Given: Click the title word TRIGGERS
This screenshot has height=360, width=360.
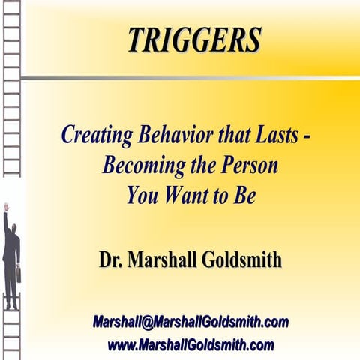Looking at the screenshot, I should click(x=194, y=40).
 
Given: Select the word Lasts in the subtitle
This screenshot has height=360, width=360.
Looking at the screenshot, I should click(x=277, y=137).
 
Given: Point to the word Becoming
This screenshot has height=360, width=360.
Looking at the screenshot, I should click(x=138, y=166).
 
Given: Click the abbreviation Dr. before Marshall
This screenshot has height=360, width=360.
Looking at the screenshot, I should click(x=112, y=260).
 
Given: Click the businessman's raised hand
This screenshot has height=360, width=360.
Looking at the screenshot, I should click(x=5, y=208).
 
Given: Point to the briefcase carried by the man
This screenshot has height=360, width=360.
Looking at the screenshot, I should click(x=18, y=274).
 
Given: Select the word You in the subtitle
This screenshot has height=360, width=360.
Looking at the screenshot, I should click(x=142, y=194).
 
